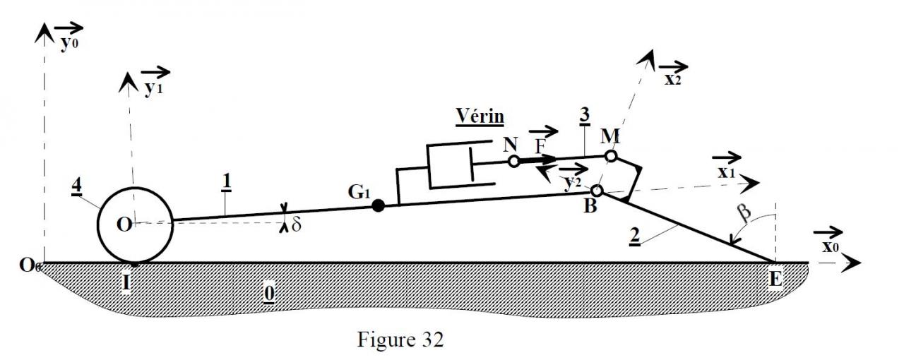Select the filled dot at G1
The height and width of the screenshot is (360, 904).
click(x=379, y=206)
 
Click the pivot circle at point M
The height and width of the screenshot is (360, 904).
click(x=611, y=155)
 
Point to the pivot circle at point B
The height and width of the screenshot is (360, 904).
click(x=597, y=191)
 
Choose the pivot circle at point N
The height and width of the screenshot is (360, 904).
click(x=514, y=162)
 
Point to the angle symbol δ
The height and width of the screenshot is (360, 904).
click(x=296, y=226)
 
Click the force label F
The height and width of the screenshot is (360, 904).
click(x=541, y=145)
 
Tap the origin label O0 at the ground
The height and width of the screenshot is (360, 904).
click(x=29, y=266)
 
